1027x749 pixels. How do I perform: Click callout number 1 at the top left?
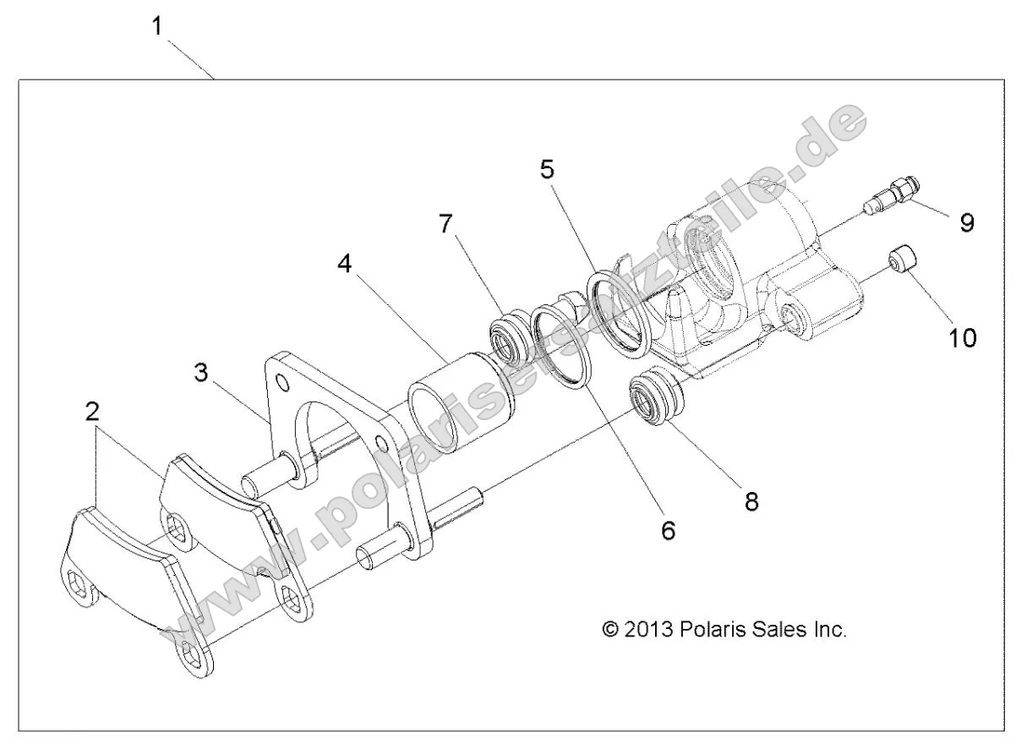[x=156, y=26]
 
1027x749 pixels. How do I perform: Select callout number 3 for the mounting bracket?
[x=200, y=373]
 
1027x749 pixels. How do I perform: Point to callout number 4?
[x=344, y=264]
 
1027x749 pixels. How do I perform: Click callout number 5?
[x=548, y=169]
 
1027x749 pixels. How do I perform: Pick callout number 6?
[x=668, y=531]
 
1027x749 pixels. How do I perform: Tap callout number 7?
[x=445, y=224]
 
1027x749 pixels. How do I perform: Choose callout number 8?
[x=751, y=501]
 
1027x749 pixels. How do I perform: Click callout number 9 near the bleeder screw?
[x=966, y=222]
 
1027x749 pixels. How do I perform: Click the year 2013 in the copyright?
[x=648, y=630]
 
